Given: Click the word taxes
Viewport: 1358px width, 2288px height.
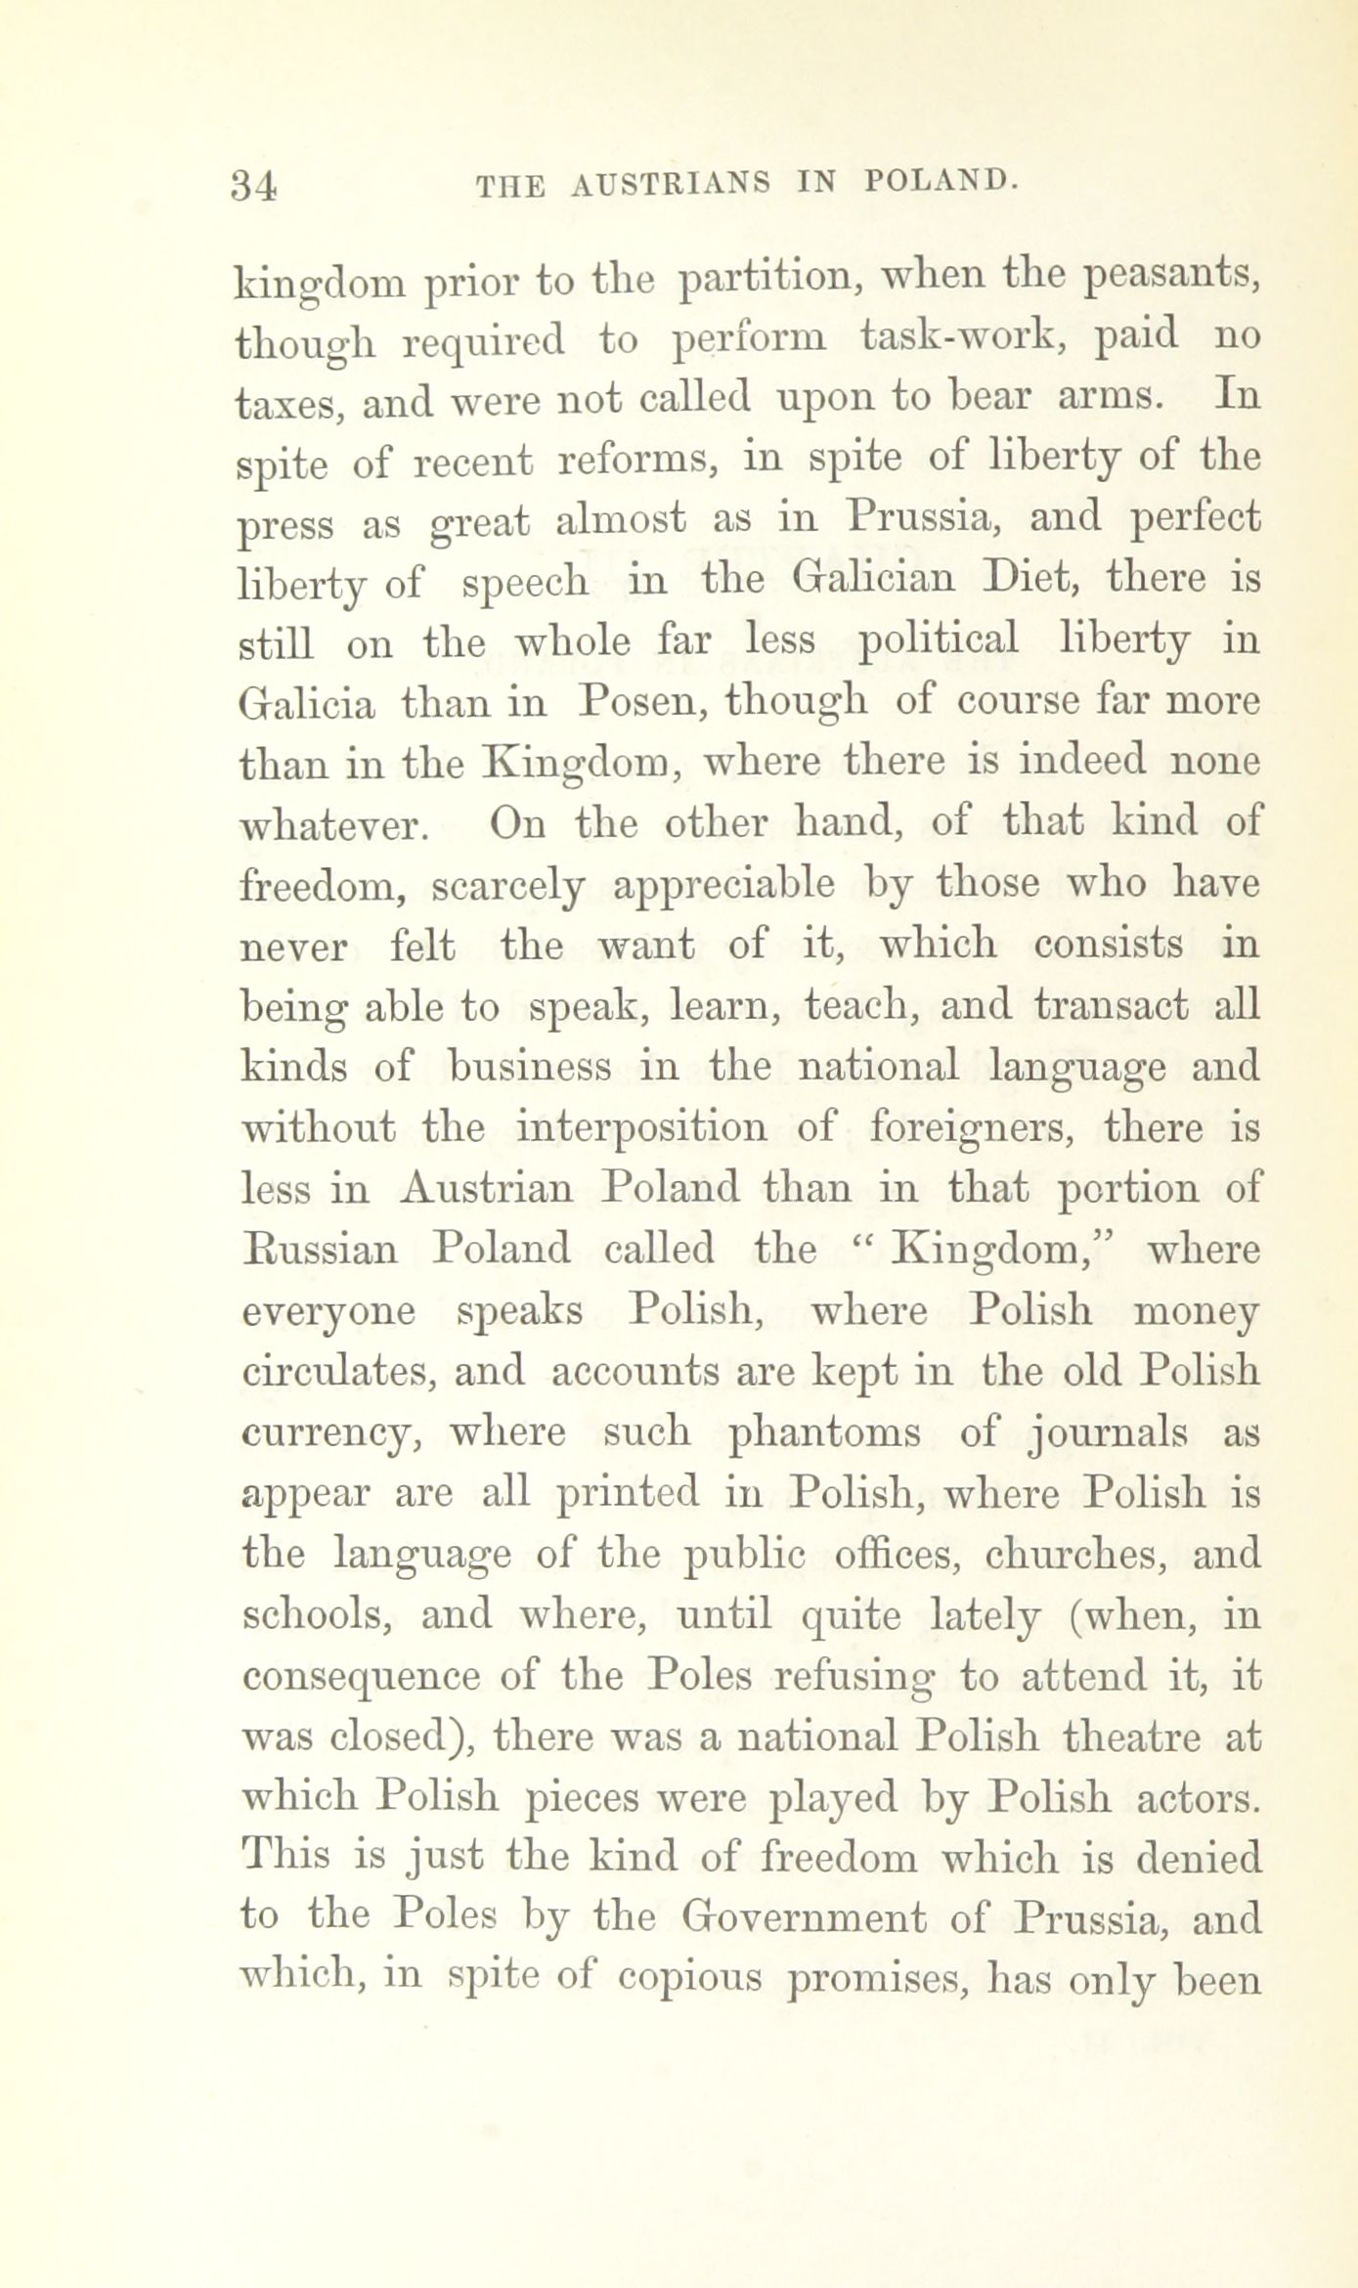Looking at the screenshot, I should [x=291, y=402].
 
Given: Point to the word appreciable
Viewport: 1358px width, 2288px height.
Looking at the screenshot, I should [x=723, y=885].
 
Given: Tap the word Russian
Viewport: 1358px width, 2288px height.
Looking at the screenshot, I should [x=319, y=1251].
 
